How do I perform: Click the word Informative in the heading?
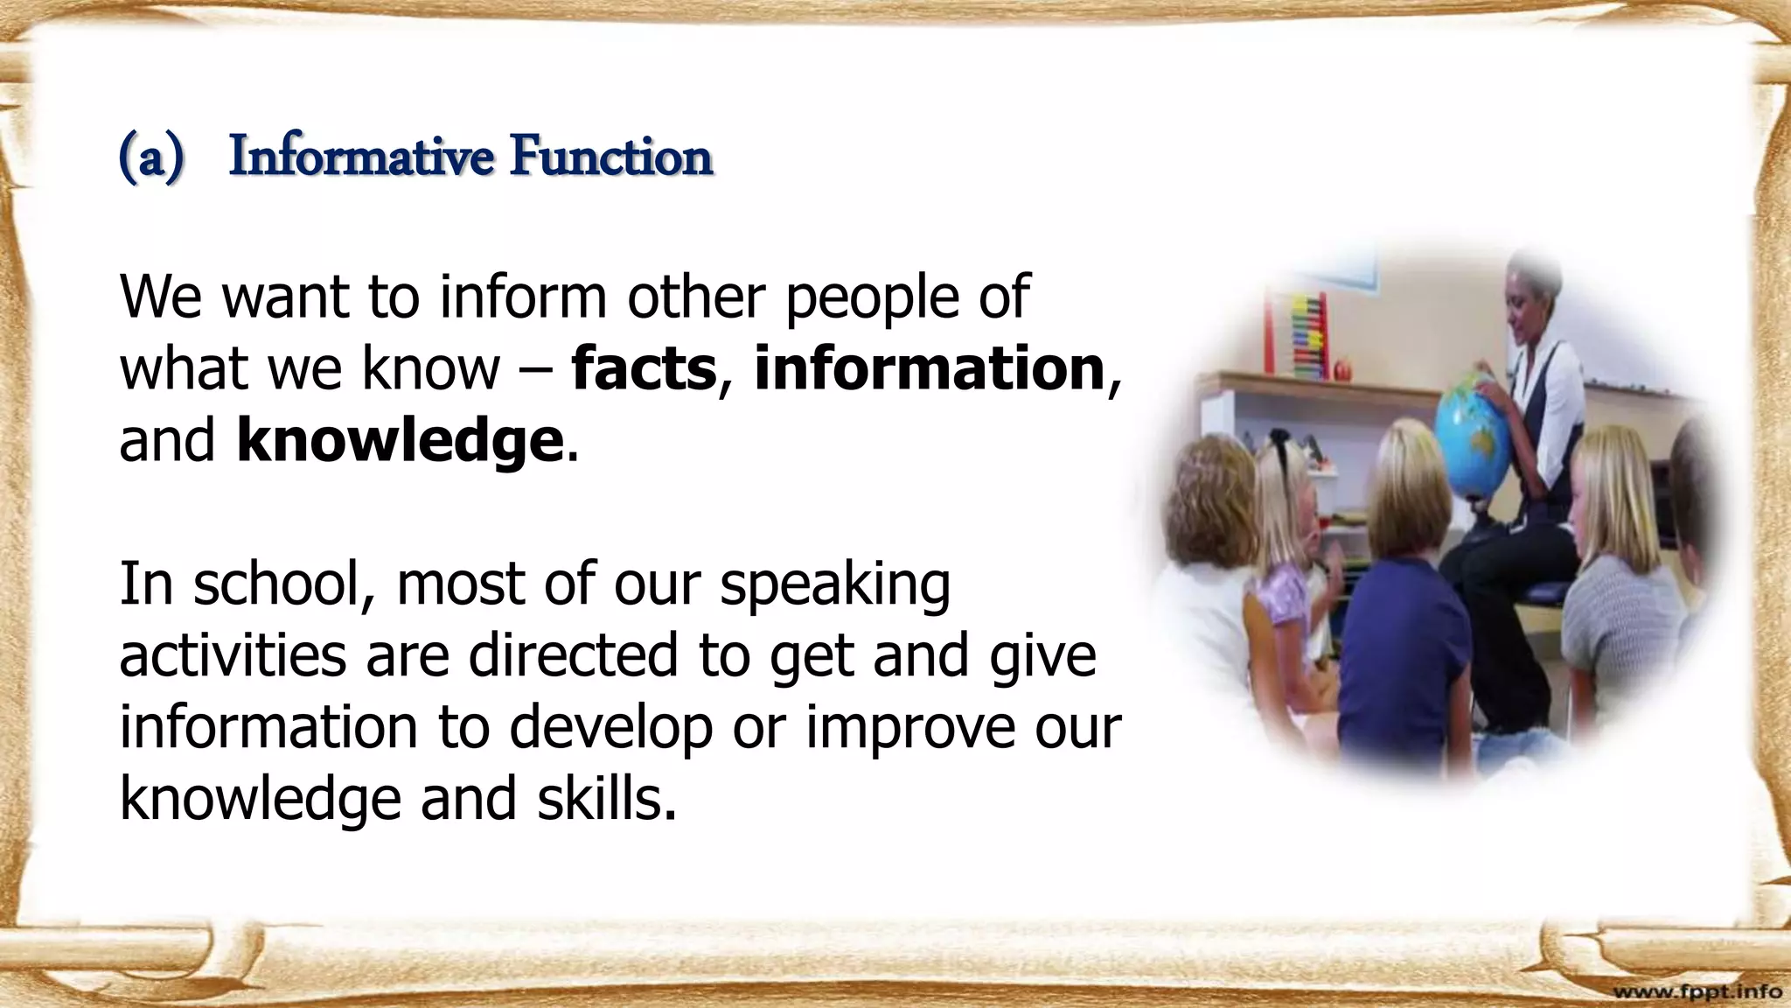360,157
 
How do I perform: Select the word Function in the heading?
612,157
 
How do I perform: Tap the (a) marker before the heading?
151,159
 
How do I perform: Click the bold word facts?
644,368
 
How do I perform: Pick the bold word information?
930,368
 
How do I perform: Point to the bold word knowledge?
400,440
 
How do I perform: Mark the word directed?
574,655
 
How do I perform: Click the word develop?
610,729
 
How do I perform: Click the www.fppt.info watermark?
1697,991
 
